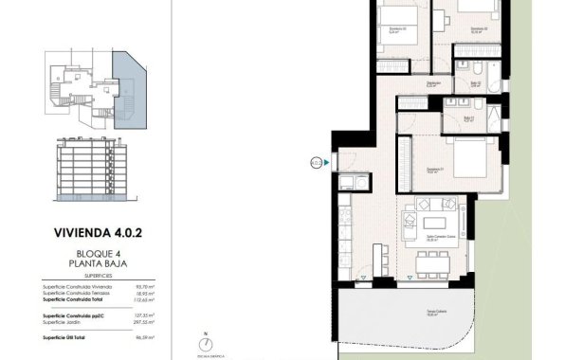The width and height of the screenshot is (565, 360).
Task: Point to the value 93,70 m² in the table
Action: tap(144, 286)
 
